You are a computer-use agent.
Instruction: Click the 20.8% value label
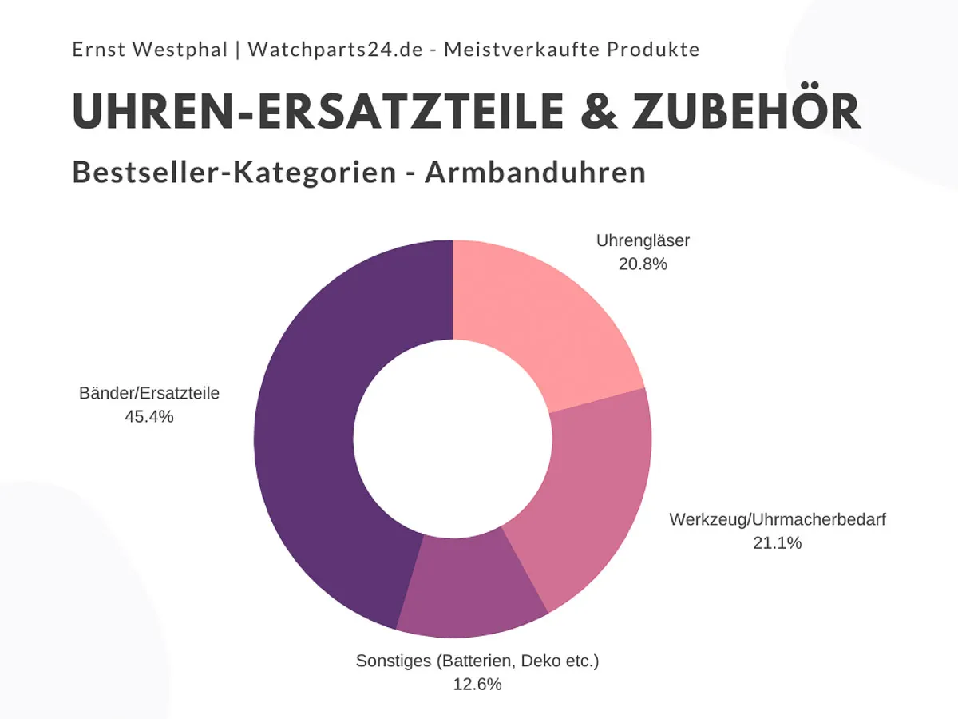[x=643, y=263]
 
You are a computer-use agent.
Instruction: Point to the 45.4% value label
[x=149, y=416]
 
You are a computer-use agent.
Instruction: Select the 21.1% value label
[x=777, y=543]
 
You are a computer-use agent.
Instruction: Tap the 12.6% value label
[x=477, y=685]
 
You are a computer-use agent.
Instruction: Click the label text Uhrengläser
[x=643, y=240]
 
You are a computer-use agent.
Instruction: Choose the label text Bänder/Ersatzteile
[x=149, y=393]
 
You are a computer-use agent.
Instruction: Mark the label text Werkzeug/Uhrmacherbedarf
[x=778, y=520]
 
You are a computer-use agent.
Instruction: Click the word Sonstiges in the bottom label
[x=392, y=661]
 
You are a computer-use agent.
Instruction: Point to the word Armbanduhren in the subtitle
[x=535, y=173]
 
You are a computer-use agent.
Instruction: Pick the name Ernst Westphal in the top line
[x=148, y=50]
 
